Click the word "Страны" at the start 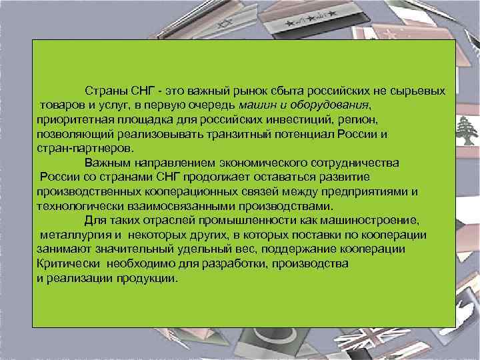106,91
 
